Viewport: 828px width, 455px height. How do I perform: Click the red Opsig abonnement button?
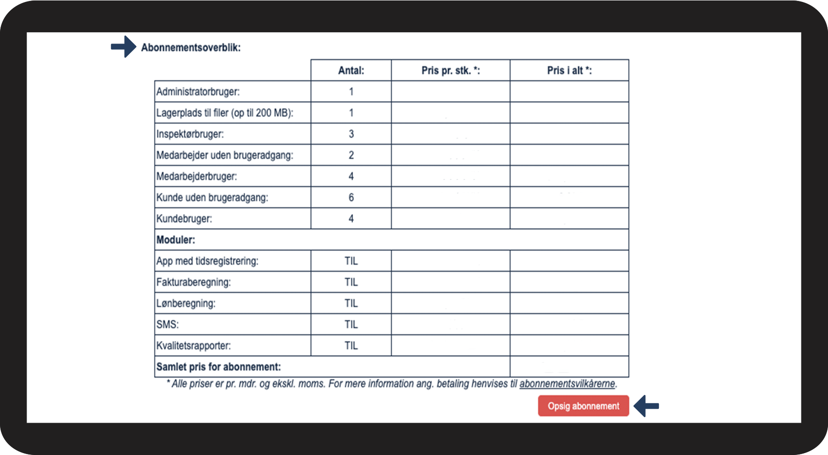point(583,406)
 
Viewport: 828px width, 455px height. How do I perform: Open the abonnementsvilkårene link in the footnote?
point(567,384)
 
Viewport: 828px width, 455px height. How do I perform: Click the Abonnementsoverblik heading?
point(191,47)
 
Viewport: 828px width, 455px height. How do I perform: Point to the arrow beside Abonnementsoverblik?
point(124,46)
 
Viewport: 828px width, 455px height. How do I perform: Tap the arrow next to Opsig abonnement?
point(647,406)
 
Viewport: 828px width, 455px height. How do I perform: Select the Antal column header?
point(351,70)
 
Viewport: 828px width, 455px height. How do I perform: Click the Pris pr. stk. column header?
point(450,70)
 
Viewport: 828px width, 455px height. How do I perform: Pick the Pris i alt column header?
point(569,70)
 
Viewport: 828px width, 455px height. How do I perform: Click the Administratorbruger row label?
point(198,91)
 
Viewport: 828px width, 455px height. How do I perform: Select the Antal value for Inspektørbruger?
point(351,134)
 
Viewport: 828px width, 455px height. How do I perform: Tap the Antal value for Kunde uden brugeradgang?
point(351,197)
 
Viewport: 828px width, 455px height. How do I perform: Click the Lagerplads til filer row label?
point(224,113)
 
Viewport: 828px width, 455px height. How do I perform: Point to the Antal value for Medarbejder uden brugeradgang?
point(351,155)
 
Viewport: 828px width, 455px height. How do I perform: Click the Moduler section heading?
point(176,240)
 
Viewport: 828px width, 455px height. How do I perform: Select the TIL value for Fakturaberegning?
point(351,282)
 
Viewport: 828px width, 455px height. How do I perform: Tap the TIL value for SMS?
point(351,324)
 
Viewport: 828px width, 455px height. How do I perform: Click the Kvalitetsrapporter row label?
point(194,346)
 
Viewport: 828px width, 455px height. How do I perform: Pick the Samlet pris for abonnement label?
point(218,367)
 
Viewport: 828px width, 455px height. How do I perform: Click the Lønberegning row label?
point(186,303)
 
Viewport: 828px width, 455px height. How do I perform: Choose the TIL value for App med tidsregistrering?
point(351,261)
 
